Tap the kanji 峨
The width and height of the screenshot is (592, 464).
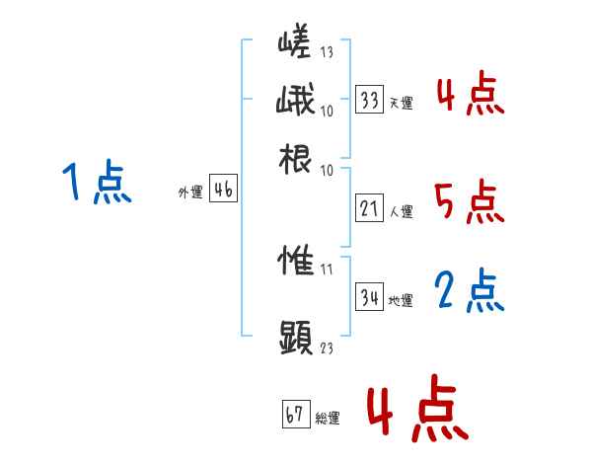[295, 103]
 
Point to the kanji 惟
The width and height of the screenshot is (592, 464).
[296, 264]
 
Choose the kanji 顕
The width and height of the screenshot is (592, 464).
[296, 337]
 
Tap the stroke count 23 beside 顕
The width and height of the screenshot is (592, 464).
[327, 348]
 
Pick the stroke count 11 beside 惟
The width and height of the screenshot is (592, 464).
[327, 269]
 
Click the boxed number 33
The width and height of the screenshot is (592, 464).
[369, 100]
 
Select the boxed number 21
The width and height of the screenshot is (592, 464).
[369, 208]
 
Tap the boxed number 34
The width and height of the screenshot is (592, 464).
[369, 296]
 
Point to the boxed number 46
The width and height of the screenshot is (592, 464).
[223, 190]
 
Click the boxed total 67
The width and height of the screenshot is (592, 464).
[295, 414]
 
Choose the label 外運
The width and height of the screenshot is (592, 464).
[190, 193]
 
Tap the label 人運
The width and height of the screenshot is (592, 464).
[401, 211]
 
